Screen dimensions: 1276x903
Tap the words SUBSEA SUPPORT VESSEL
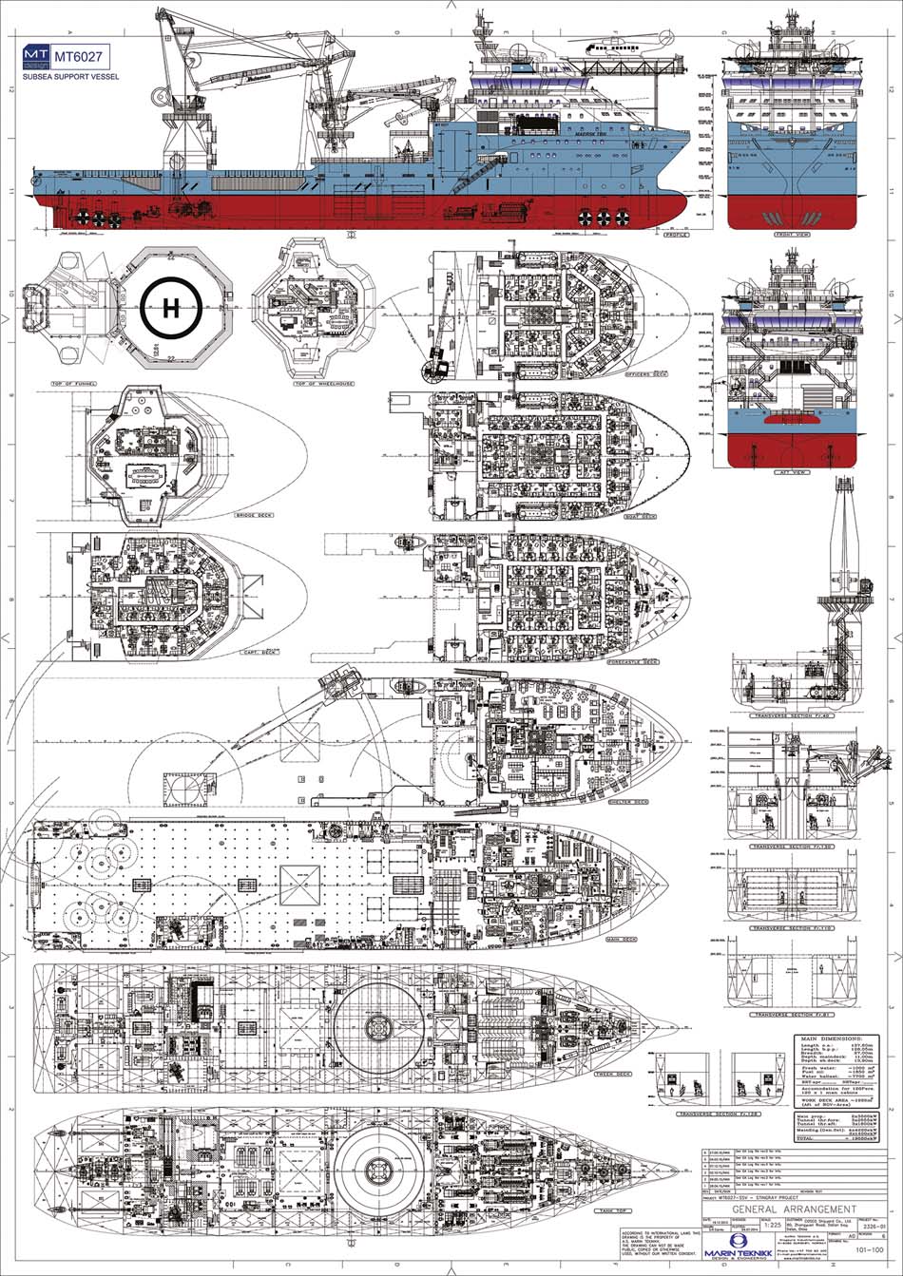(70, 77)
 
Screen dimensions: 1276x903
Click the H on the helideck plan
(171, 308)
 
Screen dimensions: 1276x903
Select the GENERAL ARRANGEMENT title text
(790, 1209)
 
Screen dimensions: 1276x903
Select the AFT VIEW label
(791, 472)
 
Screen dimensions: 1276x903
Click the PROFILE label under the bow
(676, 234)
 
